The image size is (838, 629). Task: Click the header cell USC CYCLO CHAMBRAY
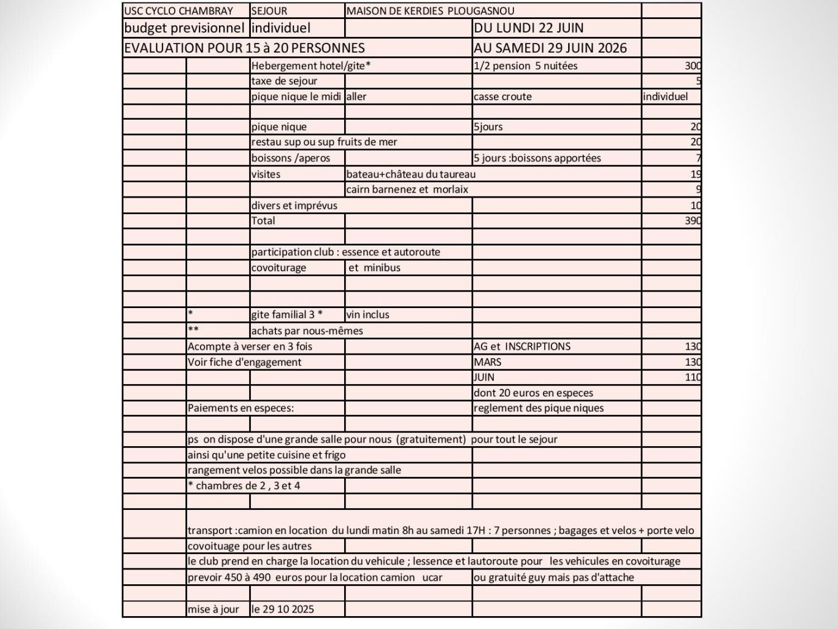point(179,11)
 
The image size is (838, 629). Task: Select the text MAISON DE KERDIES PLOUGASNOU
point(430,11)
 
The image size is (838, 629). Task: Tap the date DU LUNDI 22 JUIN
point(528,28)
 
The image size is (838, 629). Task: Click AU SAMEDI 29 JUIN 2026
point(550,48)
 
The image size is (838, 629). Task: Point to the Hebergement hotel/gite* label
point(311,66)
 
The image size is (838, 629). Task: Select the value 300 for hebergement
point(693,66)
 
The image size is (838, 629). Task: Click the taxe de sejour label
point(285,81)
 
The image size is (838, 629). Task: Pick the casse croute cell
point(502,96)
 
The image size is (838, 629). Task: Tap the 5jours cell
point(488,127)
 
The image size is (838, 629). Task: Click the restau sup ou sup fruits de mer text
point(324,142)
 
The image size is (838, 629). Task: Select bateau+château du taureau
point(410,174)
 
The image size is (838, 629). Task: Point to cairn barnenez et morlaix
point(407,190)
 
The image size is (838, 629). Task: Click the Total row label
point(263,221)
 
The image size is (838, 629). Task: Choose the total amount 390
point(693,221)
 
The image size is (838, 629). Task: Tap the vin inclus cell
point(367,315)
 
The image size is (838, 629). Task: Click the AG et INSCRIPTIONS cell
point(522,347)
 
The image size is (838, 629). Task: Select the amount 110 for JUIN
point(693,377)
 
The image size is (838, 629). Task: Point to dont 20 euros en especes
point(533,393)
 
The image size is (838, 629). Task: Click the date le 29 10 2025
point(282,609)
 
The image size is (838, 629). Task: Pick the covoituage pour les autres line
point(250,546)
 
